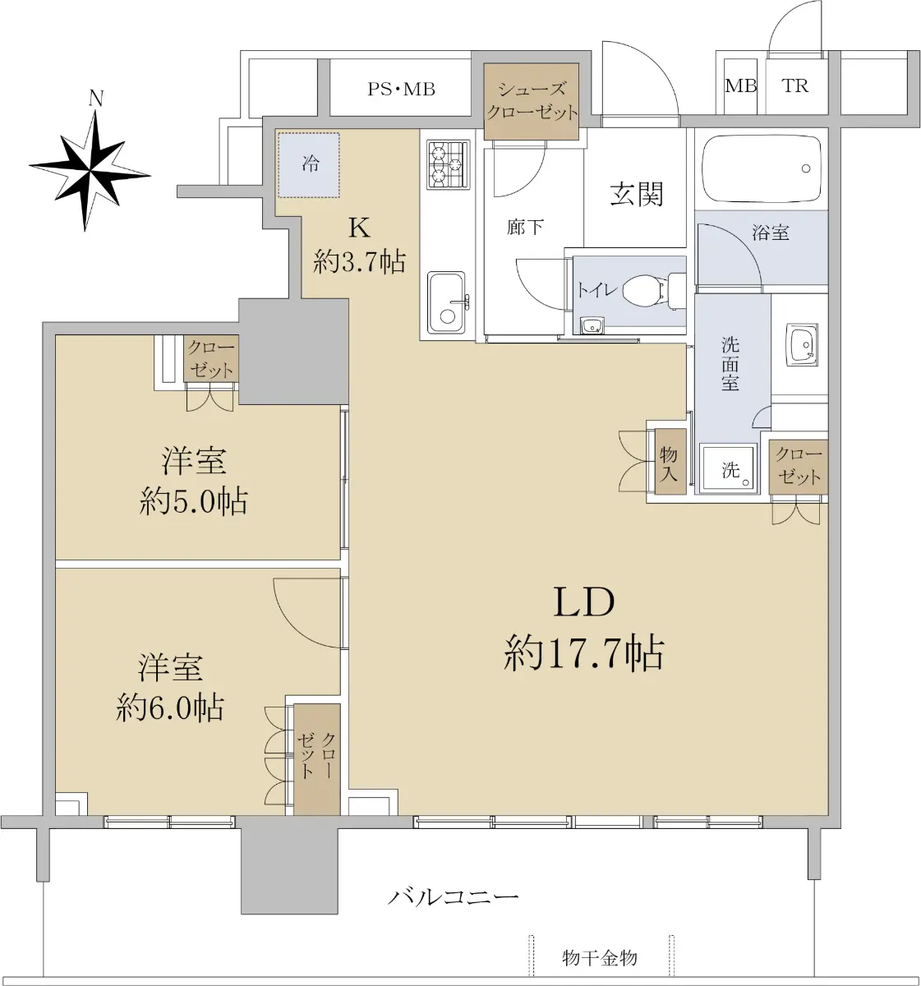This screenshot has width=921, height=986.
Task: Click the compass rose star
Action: (90, 171)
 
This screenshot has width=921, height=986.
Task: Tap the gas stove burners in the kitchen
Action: (448, 164)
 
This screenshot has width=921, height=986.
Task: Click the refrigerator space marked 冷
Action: (309, 165)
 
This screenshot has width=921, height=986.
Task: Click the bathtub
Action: (760, 168)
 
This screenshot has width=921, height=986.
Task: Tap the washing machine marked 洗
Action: (729, 468)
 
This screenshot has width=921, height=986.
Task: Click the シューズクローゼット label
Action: (532, 101)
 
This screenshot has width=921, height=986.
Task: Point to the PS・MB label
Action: (401, 90)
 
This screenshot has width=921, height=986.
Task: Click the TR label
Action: (795, 86)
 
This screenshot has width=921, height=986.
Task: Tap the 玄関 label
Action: (637, 194)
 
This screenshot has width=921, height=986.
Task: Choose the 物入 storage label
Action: (668, 463)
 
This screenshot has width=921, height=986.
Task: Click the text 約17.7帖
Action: (584, 654)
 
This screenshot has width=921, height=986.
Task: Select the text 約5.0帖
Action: (193, 501)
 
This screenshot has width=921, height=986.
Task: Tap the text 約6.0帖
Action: (170, 708)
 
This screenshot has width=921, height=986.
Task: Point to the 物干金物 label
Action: (600, 958)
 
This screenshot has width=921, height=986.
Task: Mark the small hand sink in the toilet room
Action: (592, 325)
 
